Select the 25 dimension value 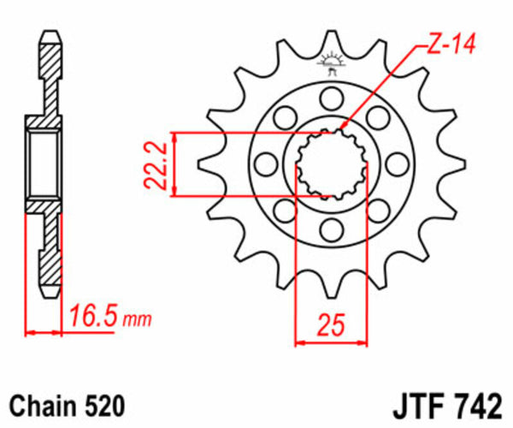click(x=331, y=325)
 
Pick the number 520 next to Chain click(x=105, y=403)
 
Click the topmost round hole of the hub click(x=331, y=95)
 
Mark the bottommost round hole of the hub click(x=331, y=229)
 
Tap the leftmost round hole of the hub click(x=264, y=162)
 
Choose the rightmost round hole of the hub click(x=398, y=162)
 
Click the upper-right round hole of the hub click(x=378, y=115)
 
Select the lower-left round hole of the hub click(x=284, y=209)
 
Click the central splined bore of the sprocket click(x=331, y=163)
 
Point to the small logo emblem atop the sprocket click(x=331, y=61)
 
